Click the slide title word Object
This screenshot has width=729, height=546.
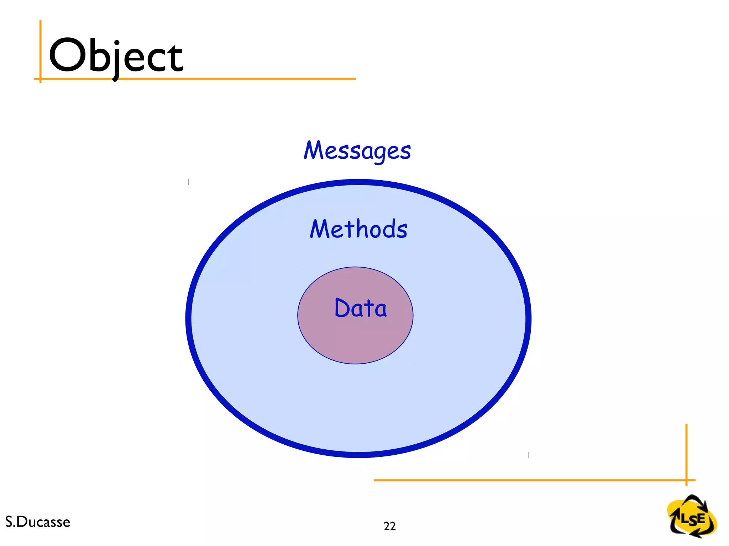click(116, 56)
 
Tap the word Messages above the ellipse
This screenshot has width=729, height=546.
click(357, 151)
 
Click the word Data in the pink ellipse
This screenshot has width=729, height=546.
click(360, 308)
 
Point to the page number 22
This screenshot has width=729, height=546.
click(389, 526)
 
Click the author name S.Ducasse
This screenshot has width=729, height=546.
click(38, 522)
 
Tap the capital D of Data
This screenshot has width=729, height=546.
click(342, 308)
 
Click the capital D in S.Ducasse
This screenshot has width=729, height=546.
click(21, 522)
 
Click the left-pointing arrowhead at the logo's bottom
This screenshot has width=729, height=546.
click(693, 534)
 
